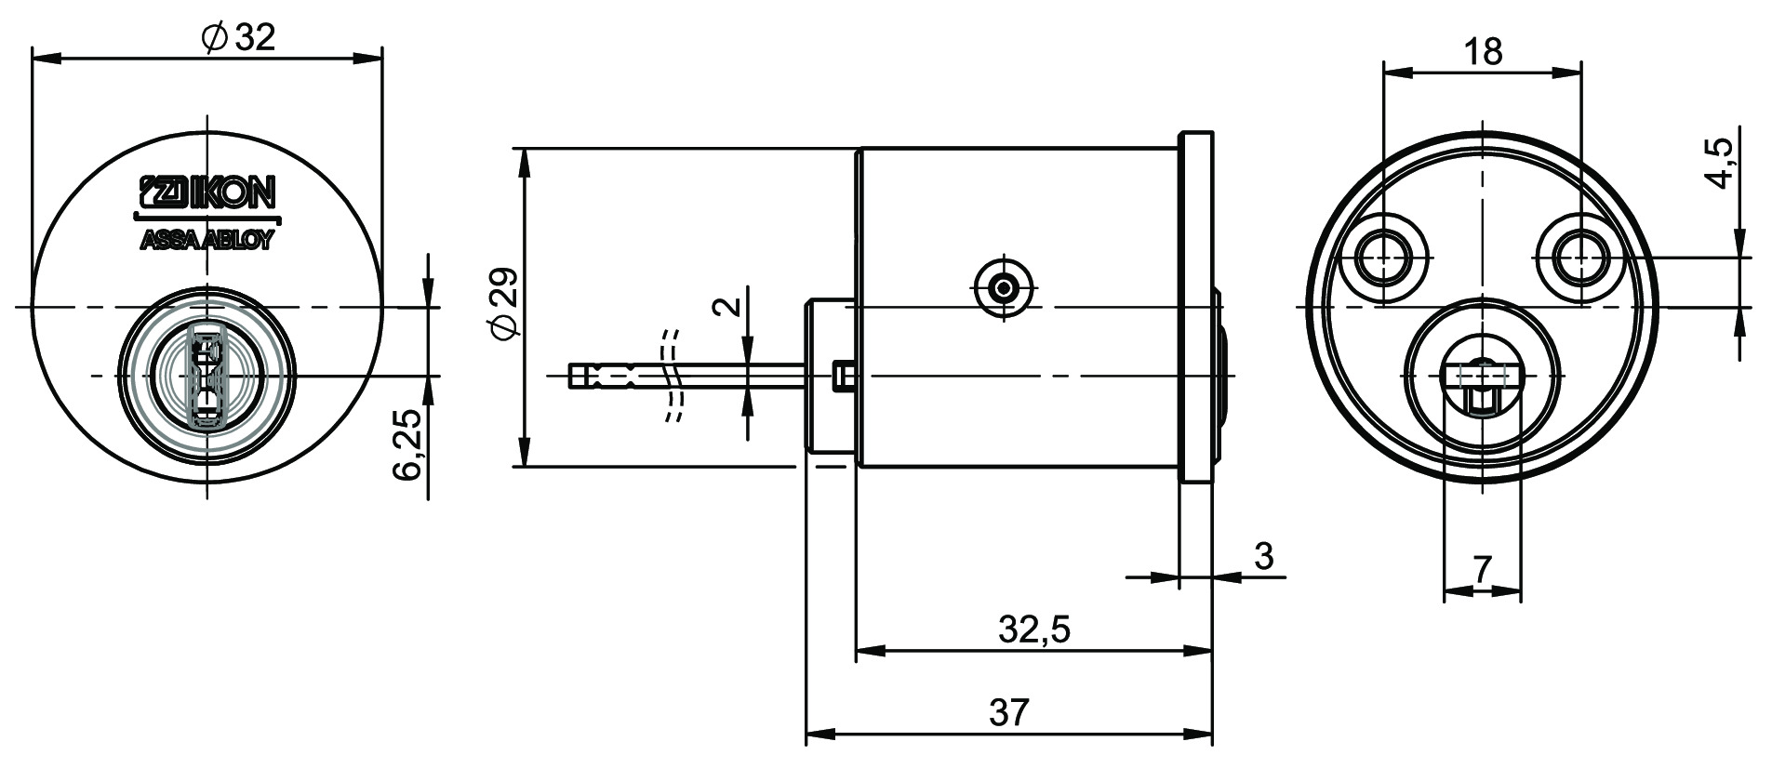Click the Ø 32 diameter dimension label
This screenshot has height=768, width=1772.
[238, 38]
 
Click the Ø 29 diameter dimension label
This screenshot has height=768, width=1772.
[504, 305]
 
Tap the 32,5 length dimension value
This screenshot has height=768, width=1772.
[1034, 630]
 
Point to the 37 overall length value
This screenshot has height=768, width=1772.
[1009, 713]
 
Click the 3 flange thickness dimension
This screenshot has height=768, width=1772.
[1263, 556]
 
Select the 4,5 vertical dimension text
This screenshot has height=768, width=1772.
[1721, 164]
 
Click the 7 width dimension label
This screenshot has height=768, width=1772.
[1482, 569]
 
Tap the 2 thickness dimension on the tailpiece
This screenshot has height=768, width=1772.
[731, 306]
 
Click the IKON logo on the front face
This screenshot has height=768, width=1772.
[207, 192]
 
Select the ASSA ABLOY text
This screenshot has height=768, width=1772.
[207, 241]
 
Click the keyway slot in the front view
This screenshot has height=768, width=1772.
[206, 377]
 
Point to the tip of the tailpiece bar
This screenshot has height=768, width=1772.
[574, 376]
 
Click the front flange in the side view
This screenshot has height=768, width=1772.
[1196, 307]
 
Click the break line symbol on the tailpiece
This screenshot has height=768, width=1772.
[672, 376]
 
